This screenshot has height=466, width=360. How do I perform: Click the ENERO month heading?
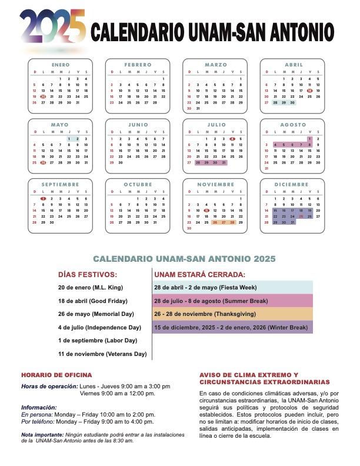tap(60, 65)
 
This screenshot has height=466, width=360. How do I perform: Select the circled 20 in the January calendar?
tap(43, 96)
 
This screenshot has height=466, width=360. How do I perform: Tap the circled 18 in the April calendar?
tap(309, 91)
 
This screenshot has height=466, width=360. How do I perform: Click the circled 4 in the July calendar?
tap(233, 139)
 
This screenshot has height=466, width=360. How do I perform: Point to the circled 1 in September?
tap(43, 199)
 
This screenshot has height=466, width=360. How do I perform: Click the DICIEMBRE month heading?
tap(292, 185)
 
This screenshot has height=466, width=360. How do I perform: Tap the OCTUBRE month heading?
tap(138, 185)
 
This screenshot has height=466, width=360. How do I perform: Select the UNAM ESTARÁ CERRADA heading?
tap(199, 274)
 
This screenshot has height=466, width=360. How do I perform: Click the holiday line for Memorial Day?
tap(96, 314)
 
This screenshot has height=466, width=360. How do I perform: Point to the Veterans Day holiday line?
tap(102, 354)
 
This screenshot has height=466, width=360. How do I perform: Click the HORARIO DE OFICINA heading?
tap(56, 375)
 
